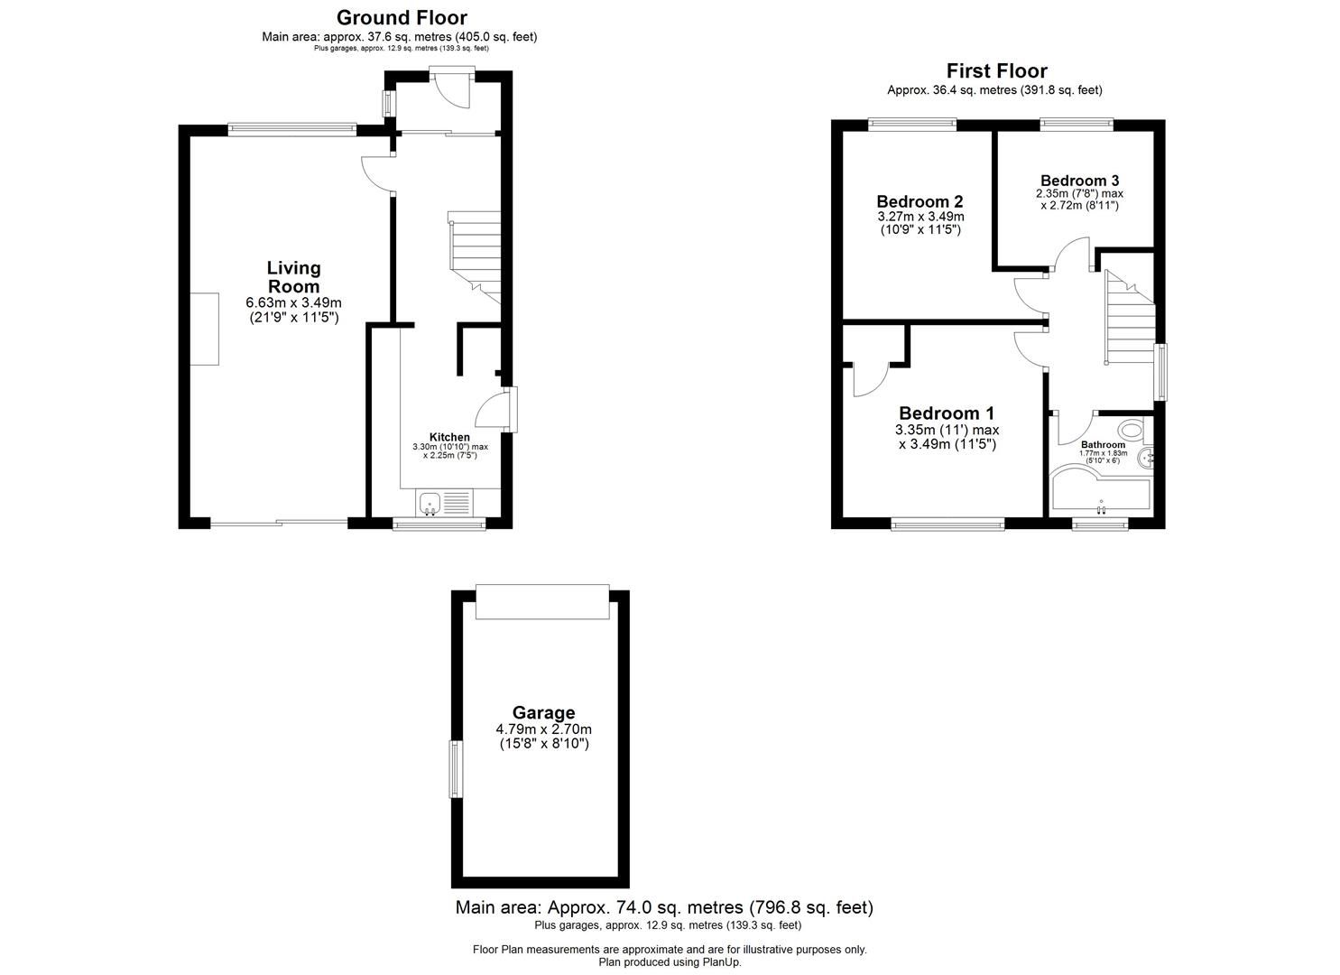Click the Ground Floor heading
[x=402, y=17]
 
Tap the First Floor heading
[x=996, y=70]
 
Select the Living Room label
[x=293, y=276]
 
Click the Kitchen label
[x=448, y=437]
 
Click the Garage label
[x=543, y=712]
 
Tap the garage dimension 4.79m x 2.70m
[x=543, y=729]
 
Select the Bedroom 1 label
[x=947, y=413]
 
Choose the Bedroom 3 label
[x=1080, y=180]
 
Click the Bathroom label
[x=1103, y=445]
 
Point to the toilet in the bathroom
[x=1129, y=429]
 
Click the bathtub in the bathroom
[x=1101, y=493]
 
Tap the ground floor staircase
[x=475, y=257]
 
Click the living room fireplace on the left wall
[x=204, y=329]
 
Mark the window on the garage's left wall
[x=456, y=768]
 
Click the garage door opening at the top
[x=542, y=601]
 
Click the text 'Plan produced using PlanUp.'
[x=670, y=962]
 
